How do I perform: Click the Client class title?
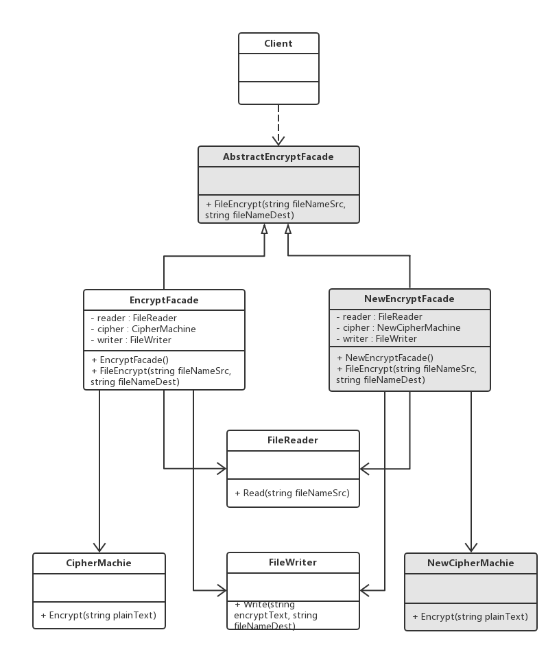pos(278,43)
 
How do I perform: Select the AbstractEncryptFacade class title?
pos(278,156)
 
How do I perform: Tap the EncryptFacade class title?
pos(164,300)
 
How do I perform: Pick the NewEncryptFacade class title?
pos(409,299)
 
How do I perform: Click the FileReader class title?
pos(293,440)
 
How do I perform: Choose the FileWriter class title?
pos(293,562)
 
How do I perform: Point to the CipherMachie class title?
pos(99,563)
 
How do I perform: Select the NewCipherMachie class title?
pos(471,563)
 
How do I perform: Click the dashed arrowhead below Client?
pos(278,140)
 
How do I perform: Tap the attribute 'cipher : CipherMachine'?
pos(143,329)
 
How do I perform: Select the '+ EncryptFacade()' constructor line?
pos(130,360)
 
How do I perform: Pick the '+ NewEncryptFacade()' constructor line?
pos(385,358)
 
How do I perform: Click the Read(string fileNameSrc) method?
pos(292,493)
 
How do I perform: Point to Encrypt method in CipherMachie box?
pos(99,616)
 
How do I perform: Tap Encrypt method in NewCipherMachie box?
pos(470,617)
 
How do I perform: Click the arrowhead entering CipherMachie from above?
pos(99,547)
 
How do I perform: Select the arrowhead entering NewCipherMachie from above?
pos(471,547)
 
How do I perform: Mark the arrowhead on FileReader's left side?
pos(222,469)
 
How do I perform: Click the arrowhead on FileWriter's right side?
pos(365,590)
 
